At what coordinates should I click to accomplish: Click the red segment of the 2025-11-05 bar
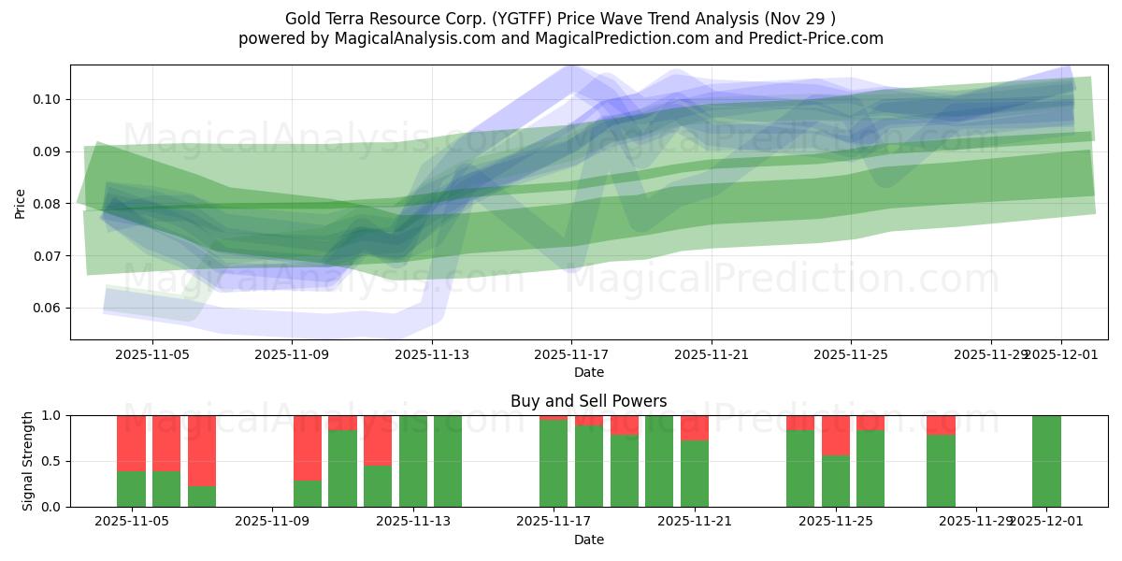131,442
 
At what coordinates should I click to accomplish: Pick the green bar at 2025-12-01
1046,461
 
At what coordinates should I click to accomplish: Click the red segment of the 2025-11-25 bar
836,435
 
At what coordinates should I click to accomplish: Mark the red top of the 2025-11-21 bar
695,427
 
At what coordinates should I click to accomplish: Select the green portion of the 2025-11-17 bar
554,464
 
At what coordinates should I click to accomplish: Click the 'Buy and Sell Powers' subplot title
588,401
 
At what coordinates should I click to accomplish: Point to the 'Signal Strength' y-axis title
29,461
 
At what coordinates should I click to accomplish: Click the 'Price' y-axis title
21,203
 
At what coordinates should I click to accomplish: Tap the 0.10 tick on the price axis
48,99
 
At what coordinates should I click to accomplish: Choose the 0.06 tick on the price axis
48,309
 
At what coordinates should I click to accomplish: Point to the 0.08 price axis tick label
48,204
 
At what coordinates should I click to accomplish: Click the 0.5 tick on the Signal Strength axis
51,461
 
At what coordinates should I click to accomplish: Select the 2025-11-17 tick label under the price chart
571,355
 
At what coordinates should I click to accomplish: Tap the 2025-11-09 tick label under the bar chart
272,522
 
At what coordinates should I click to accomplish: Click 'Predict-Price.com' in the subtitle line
819,38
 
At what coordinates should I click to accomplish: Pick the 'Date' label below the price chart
588,372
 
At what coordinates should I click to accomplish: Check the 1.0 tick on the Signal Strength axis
51,415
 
